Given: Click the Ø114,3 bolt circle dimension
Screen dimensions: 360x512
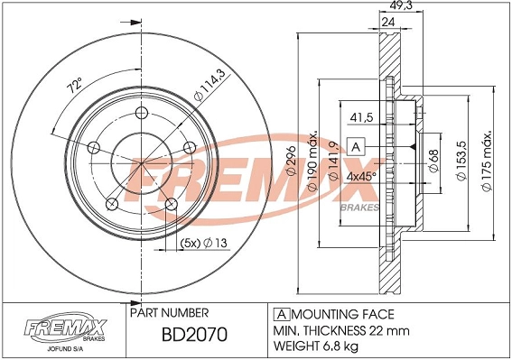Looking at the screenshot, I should (x=208, y=91).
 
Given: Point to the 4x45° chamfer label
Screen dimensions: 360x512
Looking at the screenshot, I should (x=362, y=176).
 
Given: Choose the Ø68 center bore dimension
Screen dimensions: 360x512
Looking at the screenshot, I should (x=433, y=158).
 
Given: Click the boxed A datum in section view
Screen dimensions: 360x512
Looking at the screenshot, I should (x=356, y=146).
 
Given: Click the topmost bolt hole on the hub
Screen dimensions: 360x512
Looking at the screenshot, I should (x=142, y=113).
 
